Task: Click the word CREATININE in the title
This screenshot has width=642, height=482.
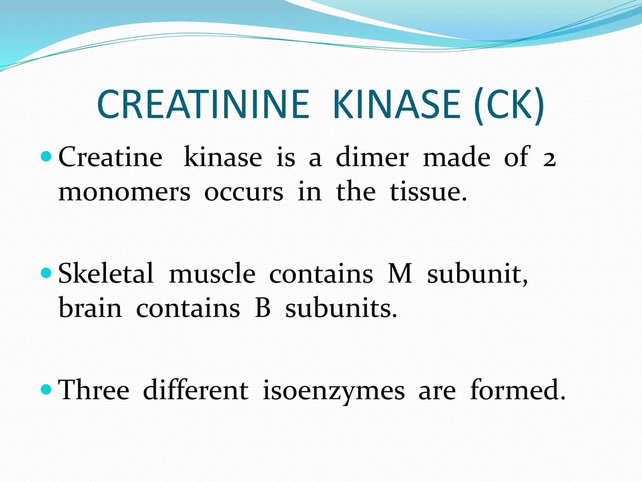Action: click(x=203, y=104)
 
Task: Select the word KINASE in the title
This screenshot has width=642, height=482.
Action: click(x=397, y=104)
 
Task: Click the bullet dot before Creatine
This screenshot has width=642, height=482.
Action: click(x=46, y=156)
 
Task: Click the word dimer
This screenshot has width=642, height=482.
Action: click(x=372, y=157)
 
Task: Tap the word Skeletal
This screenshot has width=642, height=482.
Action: click(x=106, y=273)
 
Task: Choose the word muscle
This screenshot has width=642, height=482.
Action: click(x=212, y=274)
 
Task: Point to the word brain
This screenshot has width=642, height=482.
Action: click(x=90, y=308)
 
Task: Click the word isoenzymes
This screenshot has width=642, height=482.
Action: click(x=334, y=391)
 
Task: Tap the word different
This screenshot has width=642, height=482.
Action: click(x=196, y=390)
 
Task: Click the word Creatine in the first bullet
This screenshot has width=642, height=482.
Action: click(x=110, y=157)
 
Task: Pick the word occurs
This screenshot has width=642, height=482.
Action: click(x=244, y=192)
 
